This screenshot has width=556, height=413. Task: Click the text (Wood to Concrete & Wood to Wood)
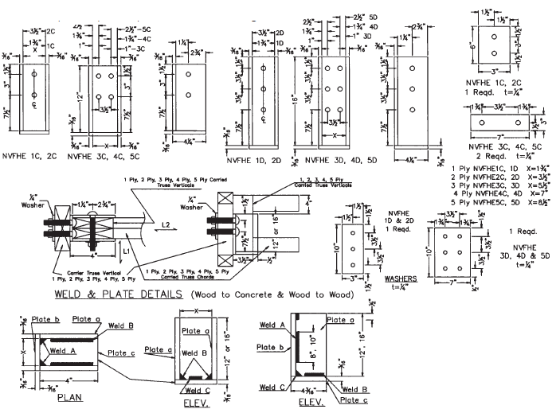click(285, 294)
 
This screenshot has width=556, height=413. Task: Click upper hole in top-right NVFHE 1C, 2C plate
click(494, 37)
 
